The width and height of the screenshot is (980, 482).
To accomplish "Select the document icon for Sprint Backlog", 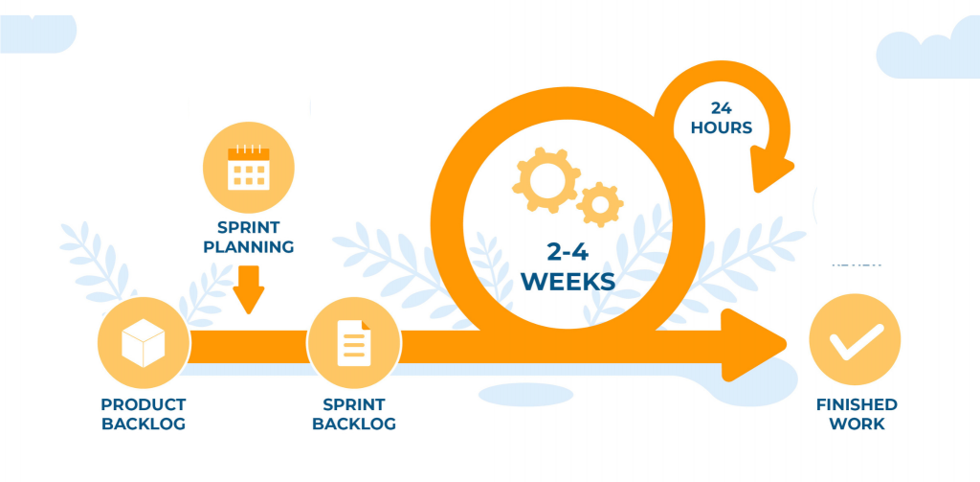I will coord(352,343).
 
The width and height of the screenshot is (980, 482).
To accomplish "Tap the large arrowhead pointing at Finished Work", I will coord(756,344).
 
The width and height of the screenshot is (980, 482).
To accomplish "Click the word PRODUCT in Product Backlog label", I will coord(144,404).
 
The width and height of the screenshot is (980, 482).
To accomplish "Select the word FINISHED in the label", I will coord(857,404).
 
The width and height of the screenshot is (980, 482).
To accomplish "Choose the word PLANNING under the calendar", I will coord(249,247).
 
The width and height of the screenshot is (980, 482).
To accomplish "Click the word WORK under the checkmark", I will coord(857,424).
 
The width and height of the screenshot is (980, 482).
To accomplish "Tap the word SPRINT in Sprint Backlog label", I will coord(352,404).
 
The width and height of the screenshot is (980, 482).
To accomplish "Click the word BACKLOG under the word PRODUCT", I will coord(144,424).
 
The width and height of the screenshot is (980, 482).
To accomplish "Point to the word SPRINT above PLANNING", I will coord(249,227).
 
